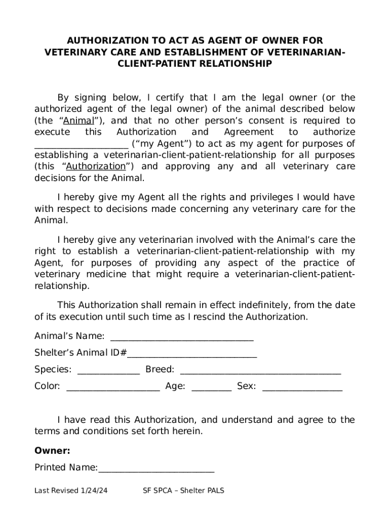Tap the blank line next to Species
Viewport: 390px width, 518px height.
108,370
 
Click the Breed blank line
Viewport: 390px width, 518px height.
260,370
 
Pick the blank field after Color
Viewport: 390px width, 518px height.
113,387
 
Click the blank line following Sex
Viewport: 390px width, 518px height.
302,387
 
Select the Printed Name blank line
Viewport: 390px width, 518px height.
156,468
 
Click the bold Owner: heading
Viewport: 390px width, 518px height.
52,451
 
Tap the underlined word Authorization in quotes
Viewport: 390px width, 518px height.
96,166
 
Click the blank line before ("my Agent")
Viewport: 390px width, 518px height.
81,144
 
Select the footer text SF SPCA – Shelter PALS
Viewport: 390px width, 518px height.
184,491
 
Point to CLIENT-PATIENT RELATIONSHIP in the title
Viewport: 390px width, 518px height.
195,64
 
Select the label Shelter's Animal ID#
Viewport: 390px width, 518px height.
80,353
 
